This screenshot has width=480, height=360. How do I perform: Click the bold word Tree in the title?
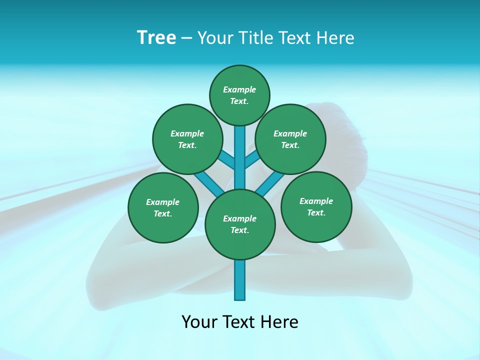[156, 38]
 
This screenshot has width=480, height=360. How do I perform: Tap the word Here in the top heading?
[335, 38]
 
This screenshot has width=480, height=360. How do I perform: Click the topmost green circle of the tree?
[239, 95]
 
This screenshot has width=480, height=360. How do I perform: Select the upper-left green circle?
[187, 139]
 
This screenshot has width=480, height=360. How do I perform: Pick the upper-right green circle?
[290, 139]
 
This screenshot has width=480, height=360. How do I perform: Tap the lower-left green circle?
[163, 207]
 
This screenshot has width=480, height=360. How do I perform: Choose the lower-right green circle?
[316, 206]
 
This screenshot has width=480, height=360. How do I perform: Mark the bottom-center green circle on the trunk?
[240, 224]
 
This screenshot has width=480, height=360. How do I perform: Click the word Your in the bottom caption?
[199, 321]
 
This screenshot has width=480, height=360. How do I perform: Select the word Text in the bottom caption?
[241, 321]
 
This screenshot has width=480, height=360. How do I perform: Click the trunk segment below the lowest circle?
[240, 280]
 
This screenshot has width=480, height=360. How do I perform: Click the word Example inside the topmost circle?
[239, 89]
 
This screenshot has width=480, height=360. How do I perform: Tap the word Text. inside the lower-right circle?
[316, 212]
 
